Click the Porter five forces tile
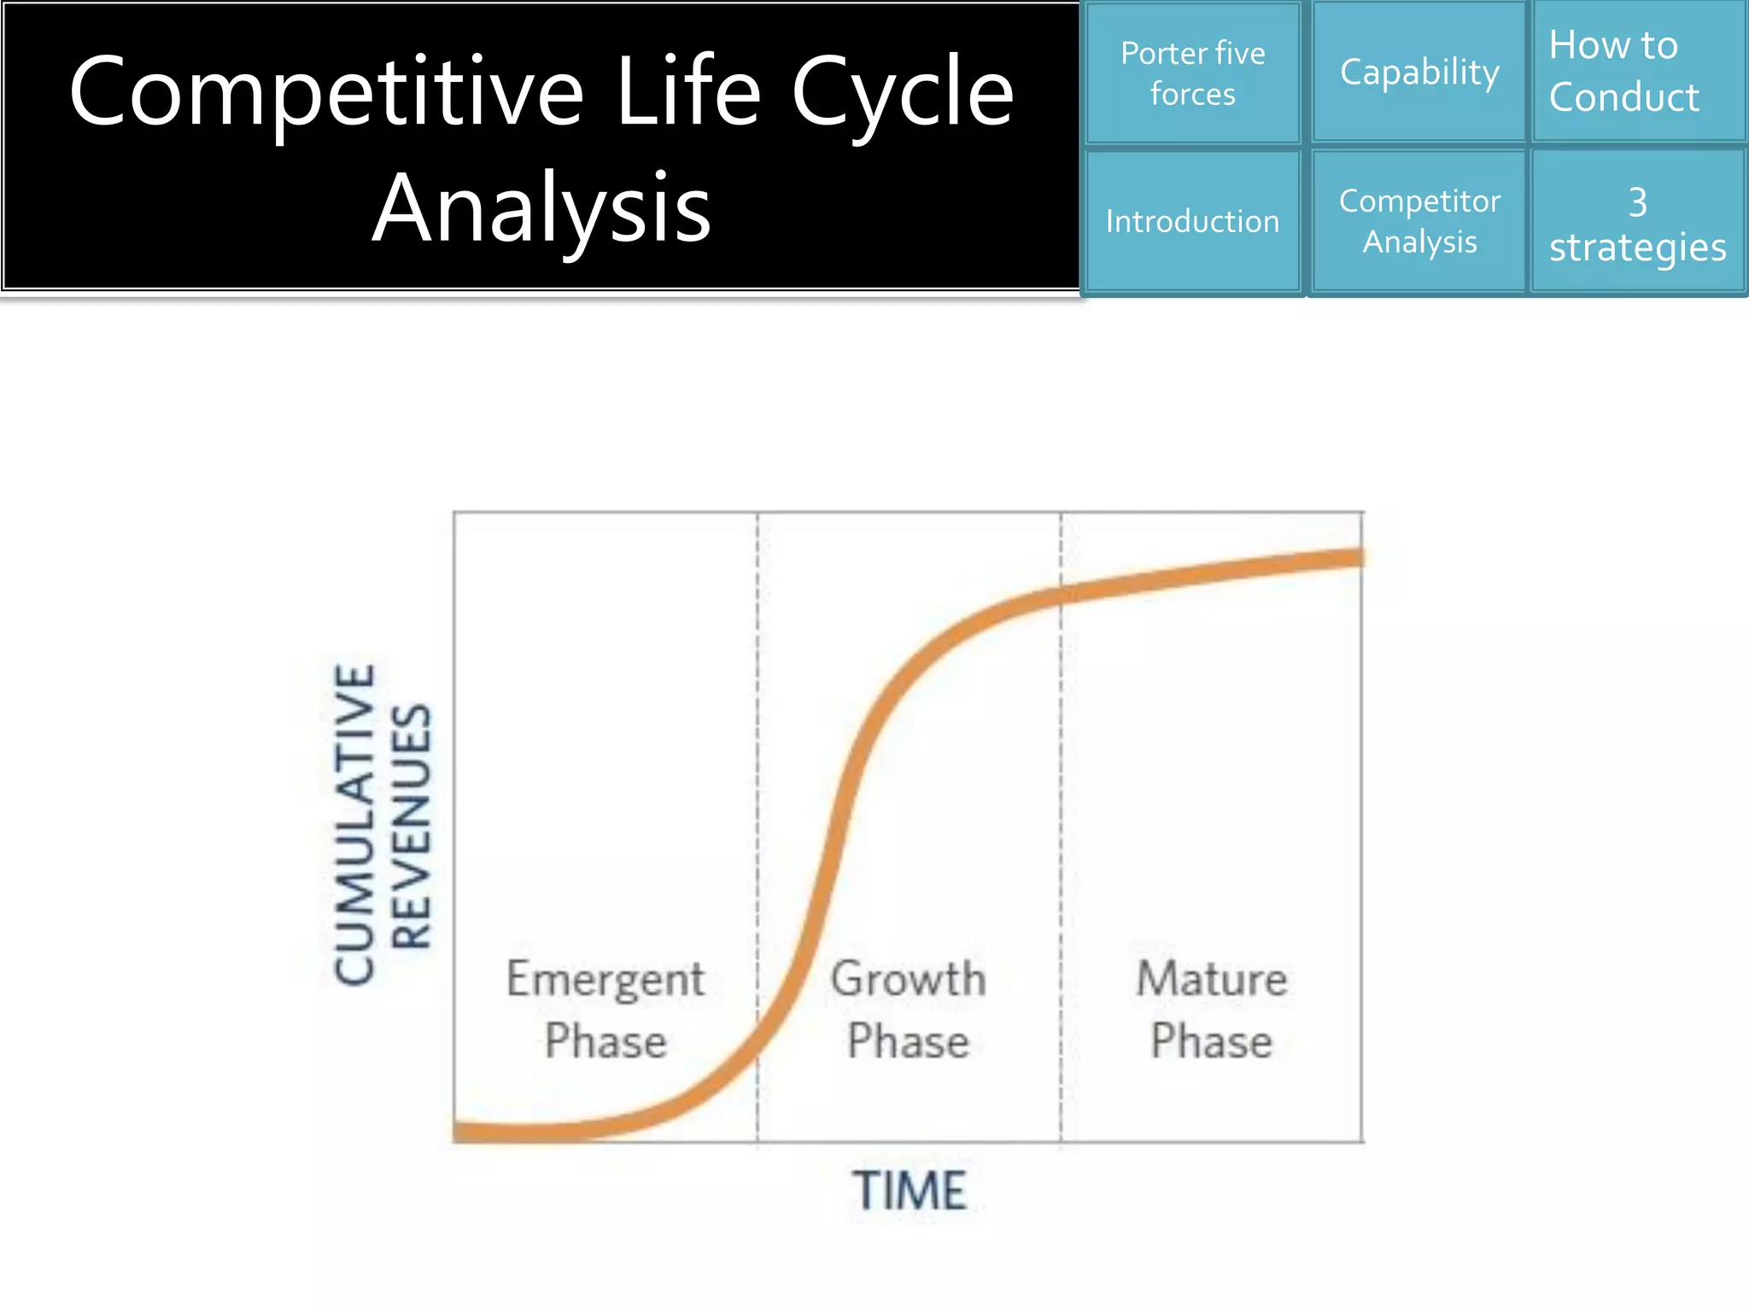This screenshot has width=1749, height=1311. [x=1192, y=73]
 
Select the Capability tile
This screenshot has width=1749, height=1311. [x=1419, y=73]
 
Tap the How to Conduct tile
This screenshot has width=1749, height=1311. [x=1638, y=72]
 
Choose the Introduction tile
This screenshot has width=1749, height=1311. [x=1192, y=222]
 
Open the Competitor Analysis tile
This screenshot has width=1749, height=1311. [x=1419, y=222]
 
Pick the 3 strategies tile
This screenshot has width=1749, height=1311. [x=1638, y=224]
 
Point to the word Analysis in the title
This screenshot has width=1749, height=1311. [x=541, y=209]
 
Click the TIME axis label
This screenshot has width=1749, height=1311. [x=909, y=1191]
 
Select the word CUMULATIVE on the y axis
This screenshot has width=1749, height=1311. [x=355, y=824]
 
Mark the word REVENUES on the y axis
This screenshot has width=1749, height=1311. [x=412, y=826]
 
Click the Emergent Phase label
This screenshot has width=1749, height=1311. [x=605, y=1010]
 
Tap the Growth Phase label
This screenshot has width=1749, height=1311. [x=909, y=1010]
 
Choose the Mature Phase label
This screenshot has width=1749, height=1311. [x=1211, y=1010]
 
